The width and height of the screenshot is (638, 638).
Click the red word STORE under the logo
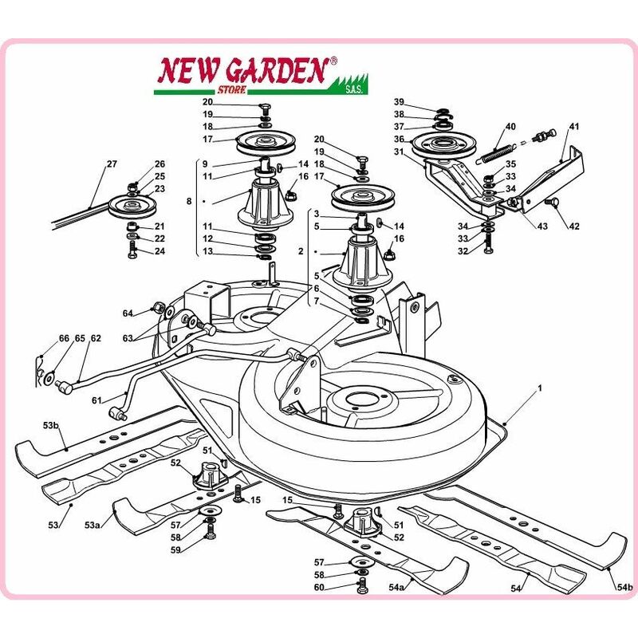(231, 89)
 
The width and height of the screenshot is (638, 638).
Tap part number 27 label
(112, 164)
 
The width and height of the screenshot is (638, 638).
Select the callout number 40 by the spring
(510, 127)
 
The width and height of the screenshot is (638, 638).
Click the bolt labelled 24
(132, 249)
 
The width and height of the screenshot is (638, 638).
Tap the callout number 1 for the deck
(540, 388)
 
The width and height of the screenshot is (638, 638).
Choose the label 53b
(51, 426)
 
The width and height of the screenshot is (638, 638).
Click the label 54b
(625, 587)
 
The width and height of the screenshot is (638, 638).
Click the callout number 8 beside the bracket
(189, 201)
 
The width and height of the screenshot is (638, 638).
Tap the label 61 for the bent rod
(96, 400)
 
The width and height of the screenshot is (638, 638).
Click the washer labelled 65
(49, 379)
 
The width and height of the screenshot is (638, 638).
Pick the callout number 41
(573, 127)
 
